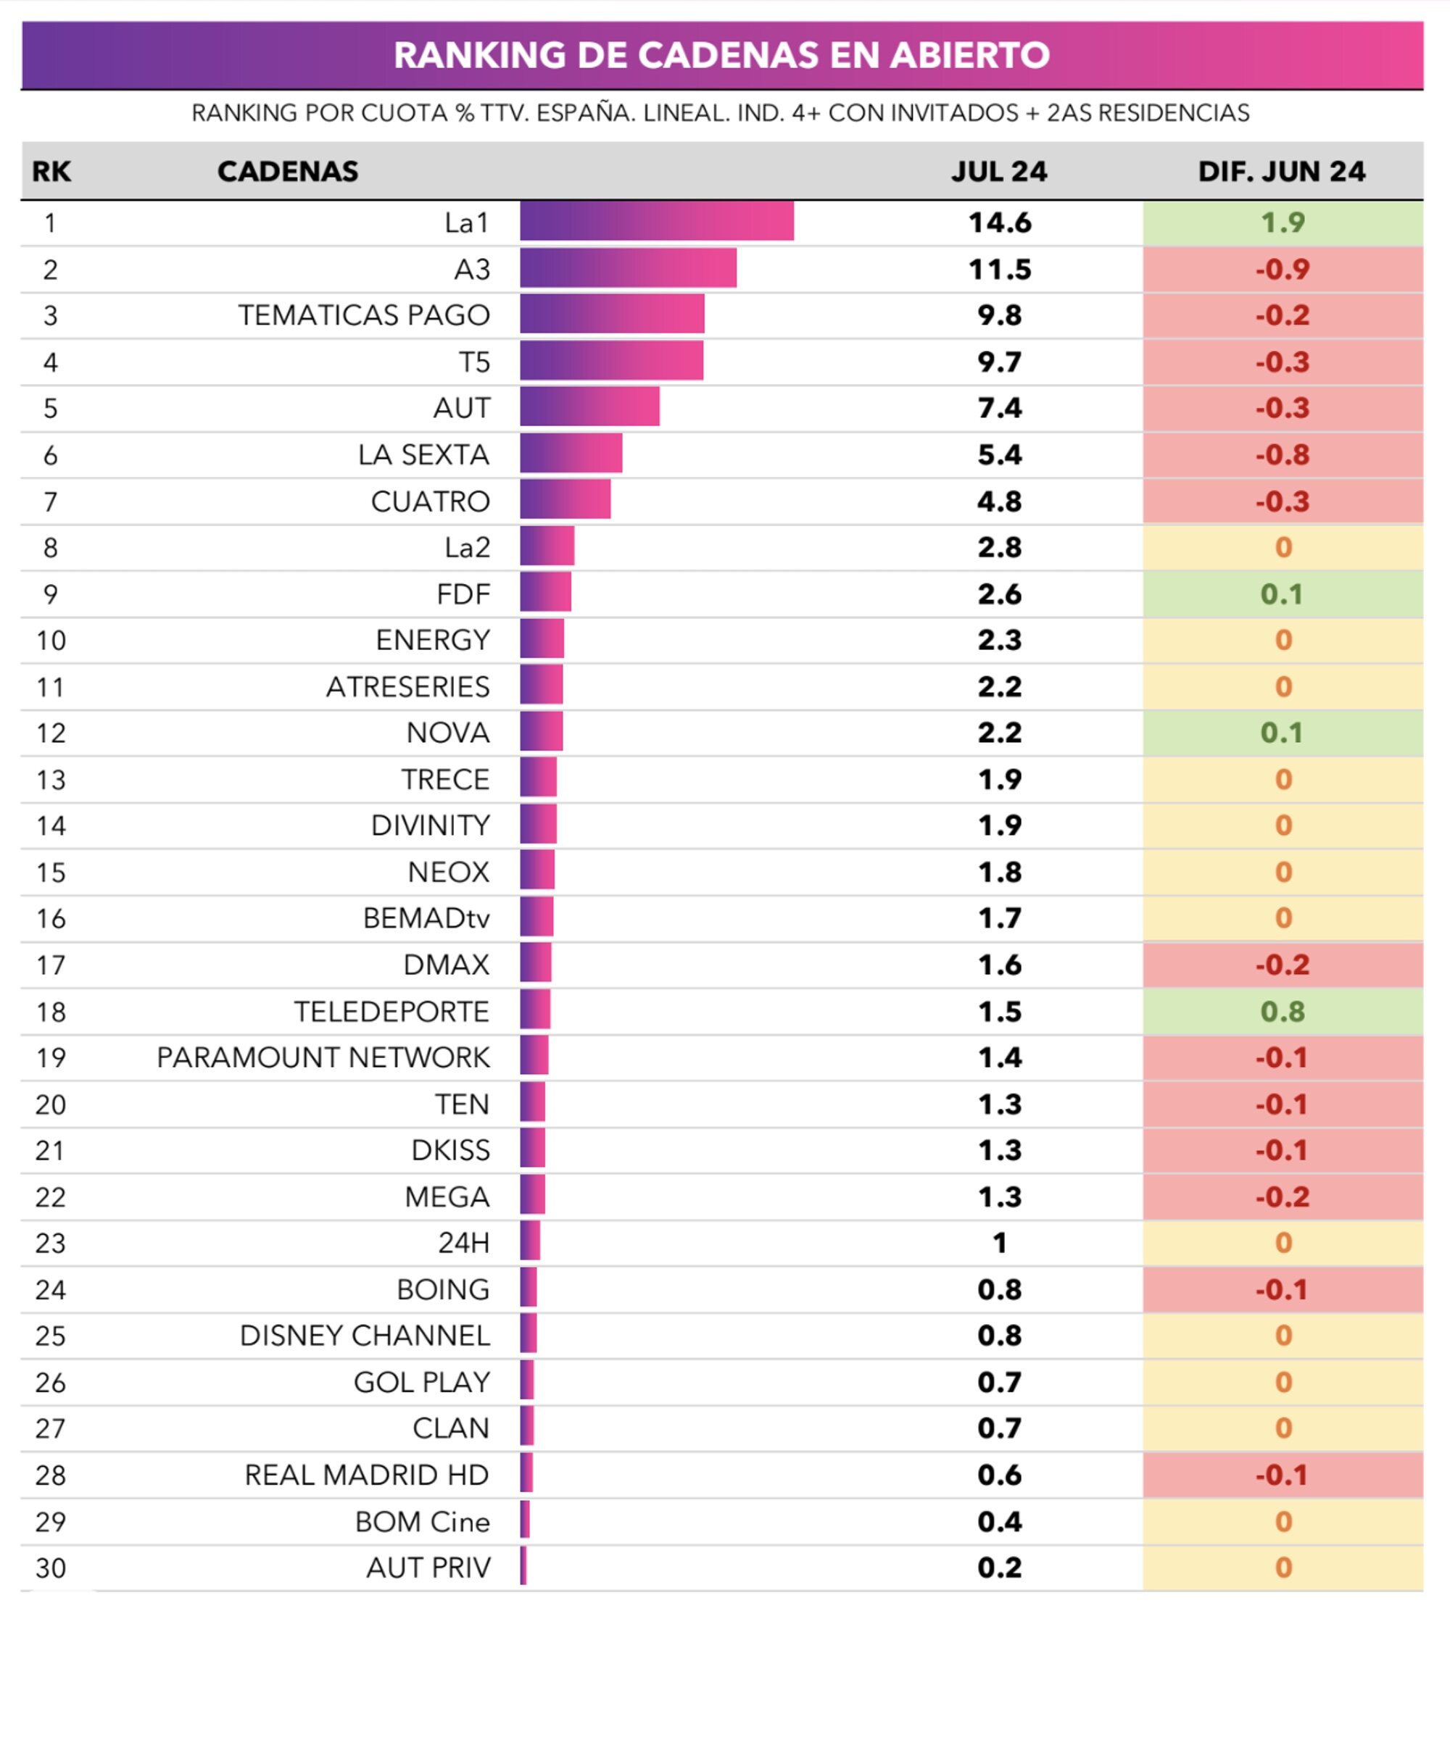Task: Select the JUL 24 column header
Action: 999,171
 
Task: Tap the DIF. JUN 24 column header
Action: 1281,171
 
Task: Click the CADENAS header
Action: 287,171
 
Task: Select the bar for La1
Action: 657,222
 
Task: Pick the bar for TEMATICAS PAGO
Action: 611,315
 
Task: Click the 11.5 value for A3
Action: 999,269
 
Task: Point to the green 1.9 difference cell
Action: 1282,222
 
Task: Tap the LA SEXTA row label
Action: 423,454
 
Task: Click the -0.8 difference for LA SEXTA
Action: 1282,454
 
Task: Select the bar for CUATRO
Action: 565,501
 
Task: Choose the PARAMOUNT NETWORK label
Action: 323,1057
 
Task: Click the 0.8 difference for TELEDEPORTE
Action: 1282,1011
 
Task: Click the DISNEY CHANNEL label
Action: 364,1335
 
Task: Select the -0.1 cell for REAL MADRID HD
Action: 1282,1475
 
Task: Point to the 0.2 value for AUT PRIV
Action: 999,1568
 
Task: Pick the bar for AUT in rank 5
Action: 589,407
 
